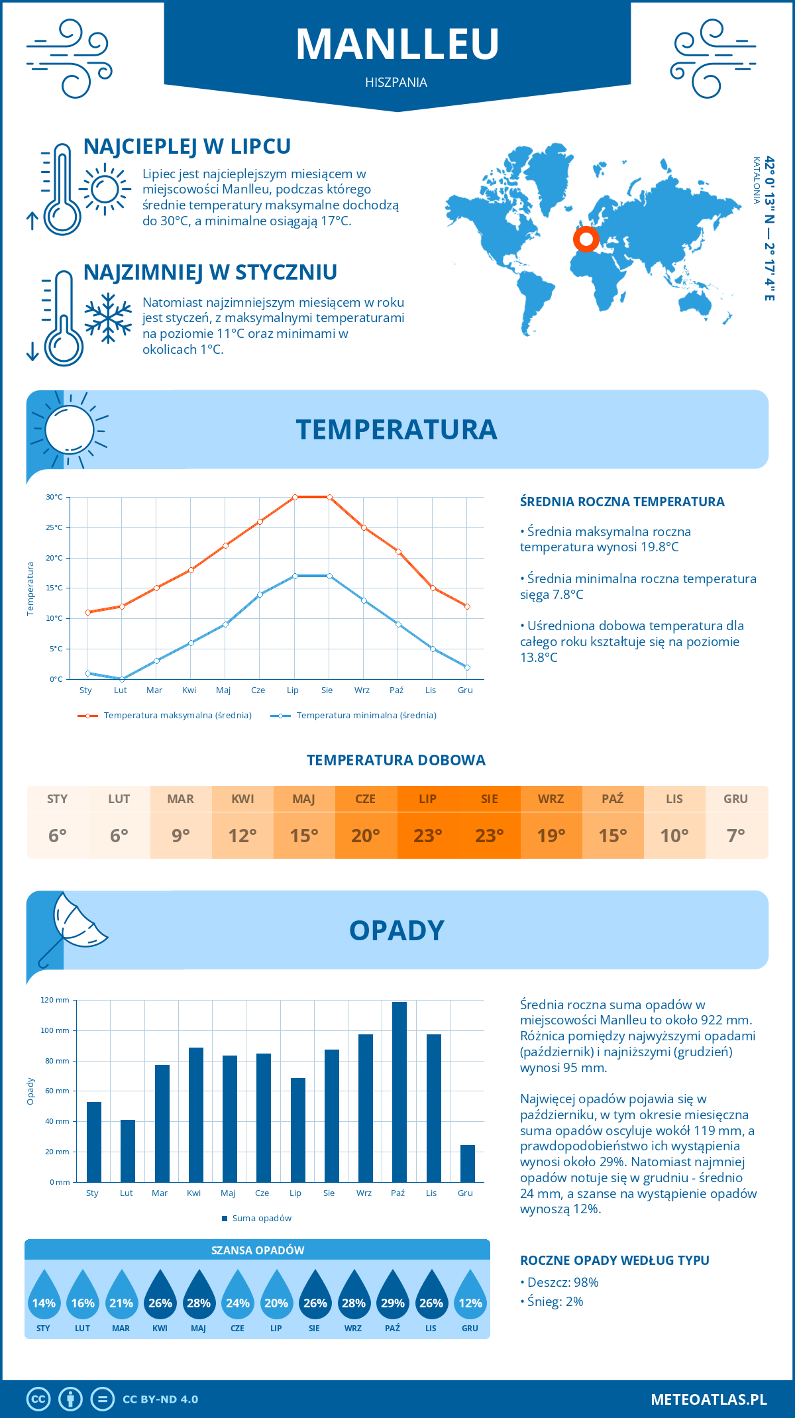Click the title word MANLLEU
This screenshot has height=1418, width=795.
tap(397, 44)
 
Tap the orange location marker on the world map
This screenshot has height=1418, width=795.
tap(586, 239)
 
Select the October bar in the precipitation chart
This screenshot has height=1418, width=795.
tap(399, 1091)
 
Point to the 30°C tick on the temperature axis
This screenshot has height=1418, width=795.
tap(54, 497)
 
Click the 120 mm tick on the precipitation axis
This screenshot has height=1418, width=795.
tap(55, 1000)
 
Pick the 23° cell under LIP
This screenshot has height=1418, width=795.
tap(427, 836)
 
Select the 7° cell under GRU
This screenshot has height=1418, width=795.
tap(736, 836)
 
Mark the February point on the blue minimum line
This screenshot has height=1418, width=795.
tap(122, 679)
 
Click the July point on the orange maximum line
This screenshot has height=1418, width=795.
tap(295, 497)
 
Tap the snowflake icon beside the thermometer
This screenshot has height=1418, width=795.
tap(108, 318)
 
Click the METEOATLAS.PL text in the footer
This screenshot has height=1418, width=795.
tap(708, 1399)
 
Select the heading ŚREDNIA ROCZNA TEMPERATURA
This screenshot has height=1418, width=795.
tap(622, 502)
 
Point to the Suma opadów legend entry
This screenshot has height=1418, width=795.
tap(261, 1218)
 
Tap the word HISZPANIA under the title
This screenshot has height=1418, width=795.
tap(396, 82)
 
